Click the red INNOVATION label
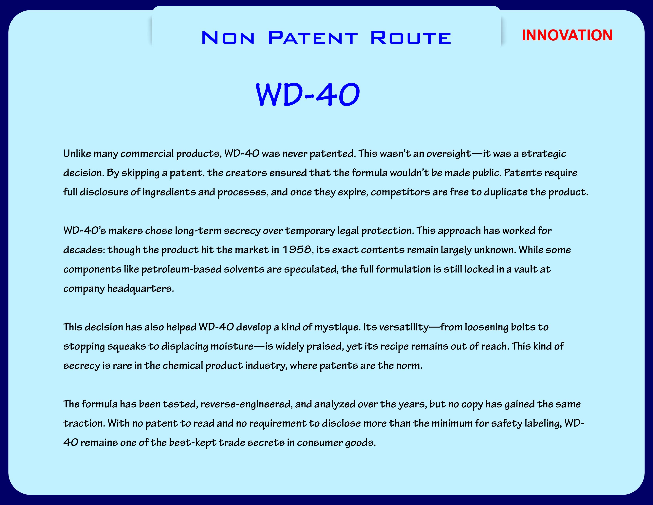tap(567, 35)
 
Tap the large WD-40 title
tap(308, 94)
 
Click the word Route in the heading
tap(411, 38)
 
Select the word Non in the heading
tap(228, 38)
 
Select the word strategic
tap(544, 154)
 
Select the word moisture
tap(232, 346)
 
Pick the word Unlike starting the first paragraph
tap(77, 154)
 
